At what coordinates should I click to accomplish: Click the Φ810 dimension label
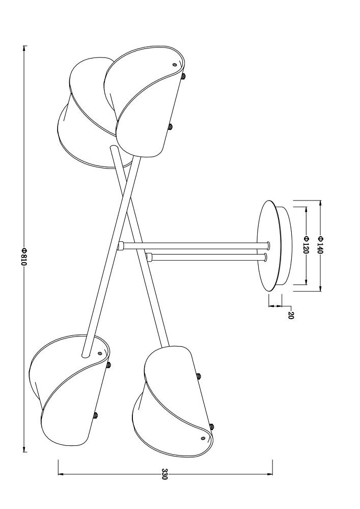24,257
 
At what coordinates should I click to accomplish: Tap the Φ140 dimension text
320,245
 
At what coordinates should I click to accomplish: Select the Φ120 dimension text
306,245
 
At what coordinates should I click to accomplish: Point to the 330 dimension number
164,474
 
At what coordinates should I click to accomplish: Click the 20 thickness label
291,316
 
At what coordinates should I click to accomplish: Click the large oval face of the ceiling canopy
268,245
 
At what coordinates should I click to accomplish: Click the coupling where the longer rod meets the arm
121,246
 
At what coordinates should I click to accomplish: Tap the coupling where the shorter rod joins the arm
150,258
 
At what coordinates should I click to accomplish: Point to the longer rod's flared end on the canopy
269,246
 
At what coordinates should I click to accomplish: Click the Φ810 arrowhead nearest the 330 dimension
24,449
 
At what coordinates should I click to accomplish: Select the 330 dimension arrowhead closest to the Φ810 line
61,474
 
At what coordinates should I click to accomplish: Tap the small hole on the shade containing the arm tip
100,354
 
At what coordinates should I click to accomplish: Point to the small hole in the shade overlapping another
175,65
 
